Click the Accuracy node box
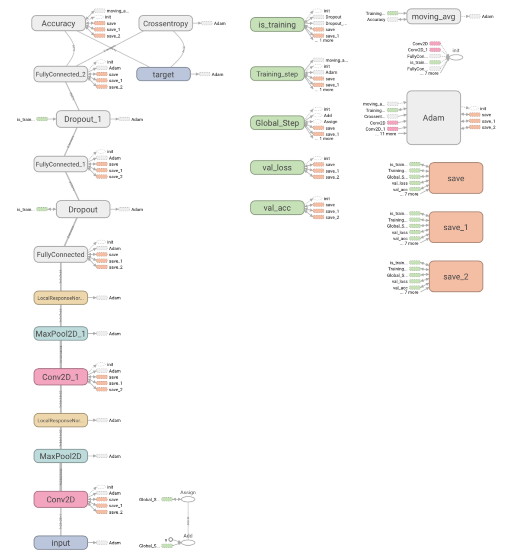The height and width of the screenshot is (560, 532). click(x=58, y=23)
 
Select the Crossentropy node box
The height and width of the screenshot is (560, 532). click(x=166, y=23)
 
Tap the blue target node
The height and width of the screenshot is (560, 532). click(x=163, y=74)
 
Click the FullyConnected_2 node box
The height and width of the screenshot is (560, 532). click(x=61, y=74)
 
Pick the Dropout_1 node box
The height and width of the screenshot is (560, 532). click(x=83, y=119)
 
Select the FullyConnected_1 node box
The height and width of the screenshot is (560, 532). click(x=61, y=164)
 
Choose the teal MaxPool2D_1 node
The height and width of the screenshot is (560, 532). click(x=61, y=334)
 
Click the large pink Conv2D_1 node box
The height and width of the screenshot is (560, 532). click(x=61, y=377)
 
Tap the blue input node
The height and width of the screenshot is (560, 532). click(x=61, y=543)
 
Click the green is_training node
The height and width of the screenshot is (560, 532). click(x=277, y=25)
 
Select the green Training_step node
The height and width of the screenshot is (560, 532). click(x=277, y=74)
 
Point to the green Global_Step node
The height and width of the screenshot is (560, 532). click(x=277, y=123)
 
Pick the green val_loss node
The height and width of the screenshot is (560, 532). click(x=277, y=167)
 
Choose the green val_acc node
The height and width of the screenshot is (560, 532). click(x=277, y=208)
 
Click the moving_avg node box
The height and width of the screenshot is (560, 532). click(x=433, y=17)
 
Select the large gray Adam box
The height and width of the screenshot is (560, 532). click(x=433, y=118)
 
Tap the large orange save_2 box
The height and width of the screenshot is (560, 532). click(x=456, y=277)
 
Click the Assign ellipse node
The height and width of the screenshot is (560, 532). click(x=188, y=499)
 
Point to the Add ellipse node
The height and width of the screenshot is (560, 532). click(x=188, y=543)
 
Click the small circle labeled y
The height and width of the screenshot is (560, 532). click(x=170, y=540)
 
